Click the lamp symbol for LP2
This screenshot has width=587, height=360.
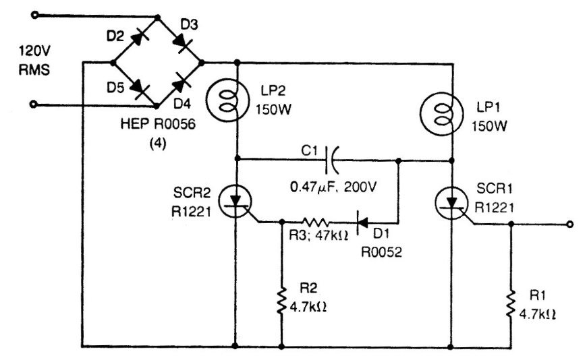[x=227, y=99]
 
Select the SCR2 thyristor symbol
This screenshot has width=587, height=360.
[x=235, y=202]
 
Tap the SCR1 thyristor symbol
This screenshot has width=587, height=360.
[x=452, y=202]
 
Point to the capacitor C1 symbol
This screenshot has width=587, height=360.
[x=332, y=160]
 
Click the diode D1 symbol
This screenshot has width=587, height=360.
[x=363, y=223]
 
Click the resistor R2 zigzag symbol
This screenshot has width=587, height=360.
[x=281, y=301]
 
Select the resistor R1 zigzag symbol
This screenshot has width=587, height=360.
[x=511, y=304]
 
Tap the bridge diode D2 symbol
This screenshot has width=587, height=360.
[x=138, y=38]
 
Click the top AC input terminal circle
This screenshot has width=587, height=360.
[x=35, y=16]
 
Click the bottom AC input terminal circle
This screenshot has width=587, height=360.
[x=33, y=104]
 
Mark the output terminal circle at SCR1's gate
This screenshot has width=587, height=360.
[x=569, y=224]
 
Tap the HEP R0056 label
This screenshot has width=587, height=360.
[x=158, y=123]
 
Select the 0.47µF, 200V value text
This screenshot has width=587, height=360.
[x=333, y=187]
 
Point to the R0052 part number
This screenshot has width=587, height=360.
[x=381, y=252]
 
